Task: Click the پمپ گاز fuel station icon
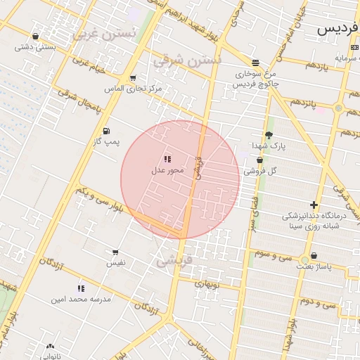click(106, 130)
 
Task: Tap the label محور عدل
click(167, 170)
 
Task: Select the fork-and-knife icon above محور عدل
click(167, 160)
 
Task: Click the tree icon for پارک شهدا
click(269, 135)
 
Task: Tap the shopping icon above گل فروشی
click(259, 160)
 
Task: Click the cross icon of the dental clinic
click(314, 205)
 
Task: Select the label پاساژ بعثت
click(313, 267)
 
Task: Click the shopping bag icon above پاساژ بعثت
click(313, 256)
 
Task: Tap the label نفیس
click(115, 262)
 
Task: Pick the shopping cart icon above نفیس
click(115, 252)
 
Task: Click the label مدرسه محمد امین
click(81, 299)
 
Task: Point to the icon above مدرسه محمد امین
click(81, 288)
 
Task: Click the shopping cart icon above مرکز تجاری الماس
click(133, 78)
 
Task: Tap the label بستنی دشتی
click(35, 47)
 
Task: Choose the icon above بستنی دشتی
click(35, 36)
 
